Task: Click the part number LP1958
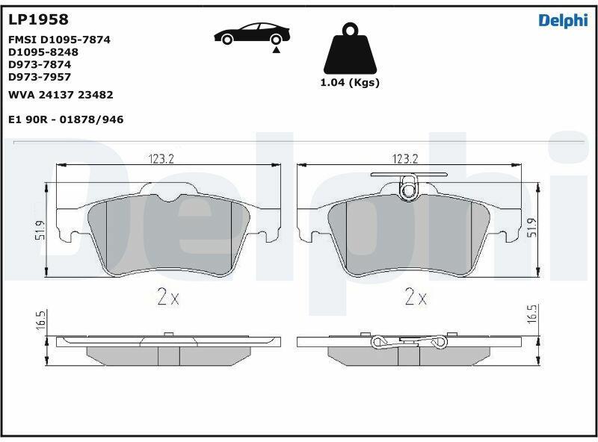point(38,19)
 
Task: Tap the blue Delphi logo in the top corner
point(564,21)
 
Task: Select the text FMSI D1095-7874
point(59,40)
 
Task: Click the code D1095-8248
point(43,52)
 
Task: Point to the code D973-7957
point(40,77)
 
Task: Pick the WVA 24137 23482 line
point(61,95)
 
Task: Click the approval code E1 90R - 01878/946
point(66,119)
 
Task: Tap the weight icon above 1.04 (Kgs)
point(350,49)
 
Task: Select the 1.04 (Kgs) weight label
point(350,82)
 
